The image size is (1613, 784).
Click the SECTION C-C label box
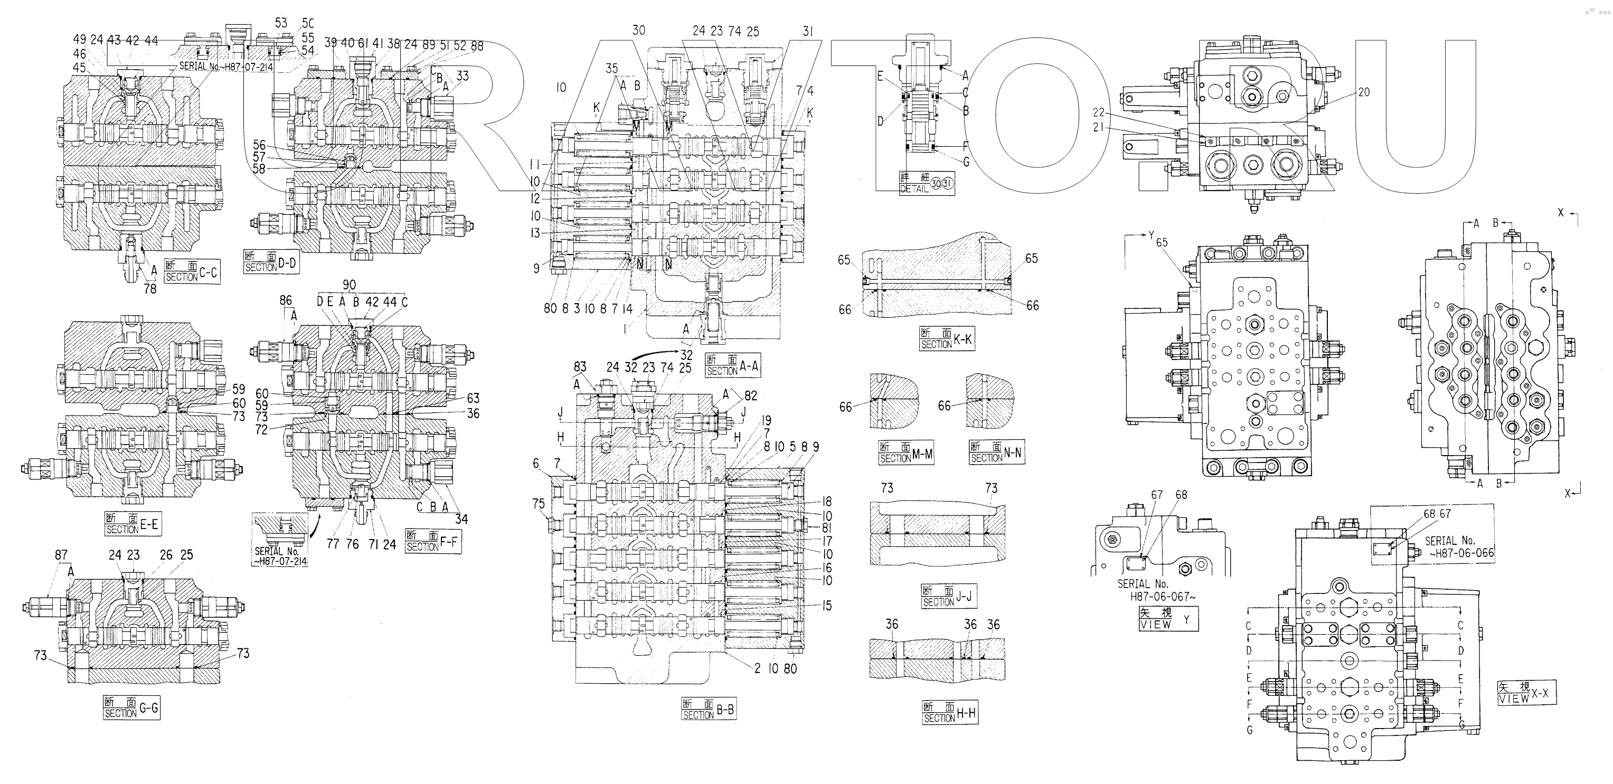click(192, 271)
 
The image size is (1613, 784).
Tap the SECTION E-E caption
click(132, 524)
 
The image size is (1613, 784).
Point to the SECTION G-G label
click(131, 707)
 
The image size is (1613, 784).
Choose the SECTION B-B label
click(708, 710)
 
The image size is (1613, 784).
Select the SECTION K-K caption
click(947, 339)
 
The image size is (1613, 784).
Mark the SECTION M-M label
click(906, 453)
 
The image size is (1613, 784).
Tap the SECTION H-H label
click(949, 713)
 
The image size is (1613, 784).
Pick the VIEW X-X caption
click(1526, 693)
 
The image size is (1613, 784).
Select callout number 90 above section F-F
click(349, 286)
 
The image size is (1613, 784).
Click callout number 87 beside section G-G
click(61, 555)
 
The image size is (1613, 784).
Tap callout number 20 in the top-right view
click(1364, 92)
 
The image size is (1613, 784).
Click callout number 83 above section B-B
click(580, 367)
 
